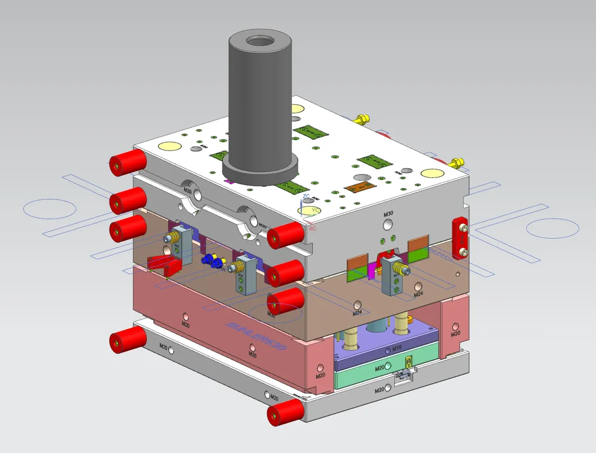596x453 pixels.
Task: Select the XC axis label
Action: pos(312,229)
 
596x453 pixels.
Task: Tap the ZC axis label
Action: pos(306,197)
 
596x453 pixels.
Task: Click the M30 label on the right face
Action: pos(388,214)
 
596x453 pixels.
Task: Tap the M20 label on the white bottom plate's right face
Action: pos(380,389)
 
